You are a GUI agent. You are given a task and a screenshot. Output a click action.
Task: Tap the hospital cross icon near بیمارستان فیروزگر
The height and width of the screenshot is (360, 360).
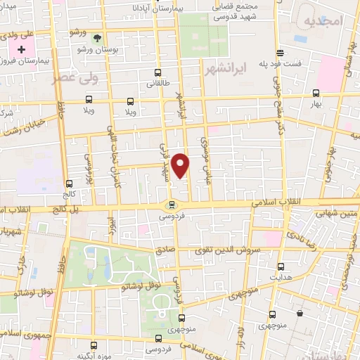point(22,50)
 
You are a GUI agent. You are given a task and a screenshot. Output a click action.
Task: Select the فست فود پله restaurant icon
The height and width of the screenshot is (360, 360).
point(280,53)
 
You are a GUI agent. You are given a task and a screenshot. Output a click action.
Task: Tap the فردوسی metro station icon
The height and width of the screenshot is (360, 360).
point(171,205)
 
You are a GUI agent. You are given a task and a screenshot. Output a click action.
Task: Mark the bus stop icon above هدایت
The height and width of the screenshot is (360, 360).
point(281,266)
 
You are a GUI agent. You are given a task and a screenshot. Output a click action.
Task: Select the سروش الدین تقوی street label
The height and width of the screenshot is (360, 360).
point(235,250)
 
